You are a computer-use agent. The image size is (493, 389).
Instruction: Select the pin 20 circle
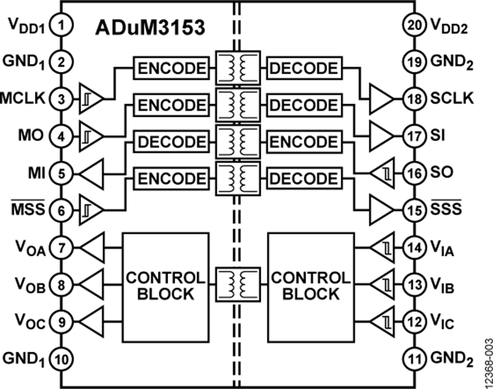click(x=414, y=24)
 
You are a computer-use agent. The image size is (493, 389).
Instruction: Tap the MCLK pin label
click(x=25, y=99)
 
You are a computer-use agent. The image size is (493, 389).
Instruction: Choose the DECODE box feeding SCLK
click(x=303, y=68)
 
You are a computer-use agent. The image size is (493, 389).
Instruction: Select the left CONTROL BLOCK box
click(x=165, y=285)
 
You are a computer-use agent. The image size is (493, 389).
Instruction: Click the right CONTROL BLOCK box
click(x=310, y=285)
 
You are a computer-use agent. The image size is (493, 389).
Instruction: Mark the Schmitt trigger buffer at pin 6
click(x=91, y=209)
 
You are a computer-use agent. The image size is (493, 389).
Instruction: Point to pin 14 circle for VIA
click(x=414, y=247)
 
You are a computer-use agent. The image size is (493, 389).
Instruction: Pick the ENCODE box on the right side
click(x=303, y=142)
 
